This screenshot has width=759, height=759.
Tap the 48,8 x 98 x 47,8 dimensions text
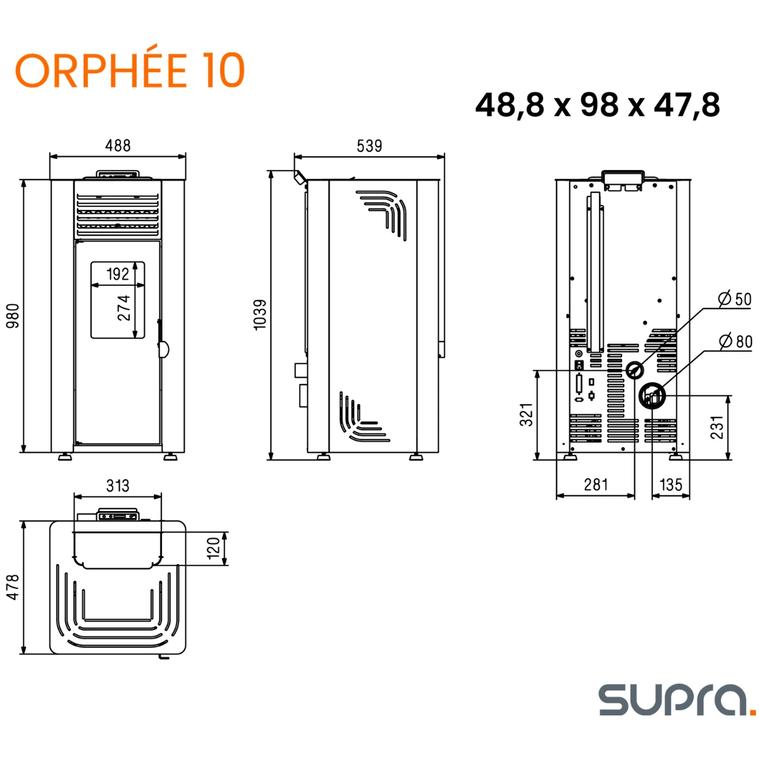click(x=597, y=104)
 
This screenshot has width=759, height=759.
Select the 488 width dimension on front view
click(x=118, y=145)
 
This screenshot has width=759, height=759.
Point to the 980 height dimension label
click(x=13, y=316)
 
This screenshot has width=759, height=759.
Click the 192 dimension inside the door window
click(x=118, y=274)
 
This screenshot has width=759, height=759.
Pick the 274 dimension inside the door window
click(x=124, y=307)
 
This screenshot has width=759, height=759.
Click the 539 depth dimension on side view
click(x=369, y=146)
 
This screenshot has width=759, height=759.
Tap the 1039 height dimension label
click(x=260, y=314)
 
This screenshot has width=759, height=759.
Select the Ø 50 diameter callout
click(x=735, y=299)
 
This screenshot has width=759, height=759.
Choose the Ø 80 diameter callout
click(x=736, y=342)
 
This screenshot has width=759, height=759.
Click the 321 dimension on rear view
click(x=527, y=414)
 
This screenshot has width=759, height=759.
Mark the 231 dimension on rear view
click(x=716, y=428)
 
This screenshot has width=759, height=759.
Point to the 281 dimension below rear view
click(x=596, y=484)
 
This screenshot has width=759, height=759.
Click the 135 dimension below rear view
click(x=670, y=484)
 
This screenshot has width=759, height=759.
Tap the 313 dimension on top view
click(x=118, y=485)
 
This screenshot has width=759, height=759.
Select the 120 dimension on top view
click(x=214, y=548)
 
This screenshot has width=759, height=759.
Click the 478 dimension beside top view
click(x=13, y=587)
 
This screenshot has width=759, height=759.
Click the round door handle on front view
click(x=163, y=349)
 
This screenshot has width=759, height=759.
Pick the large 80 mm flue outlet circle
click(x=652, y=397)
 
